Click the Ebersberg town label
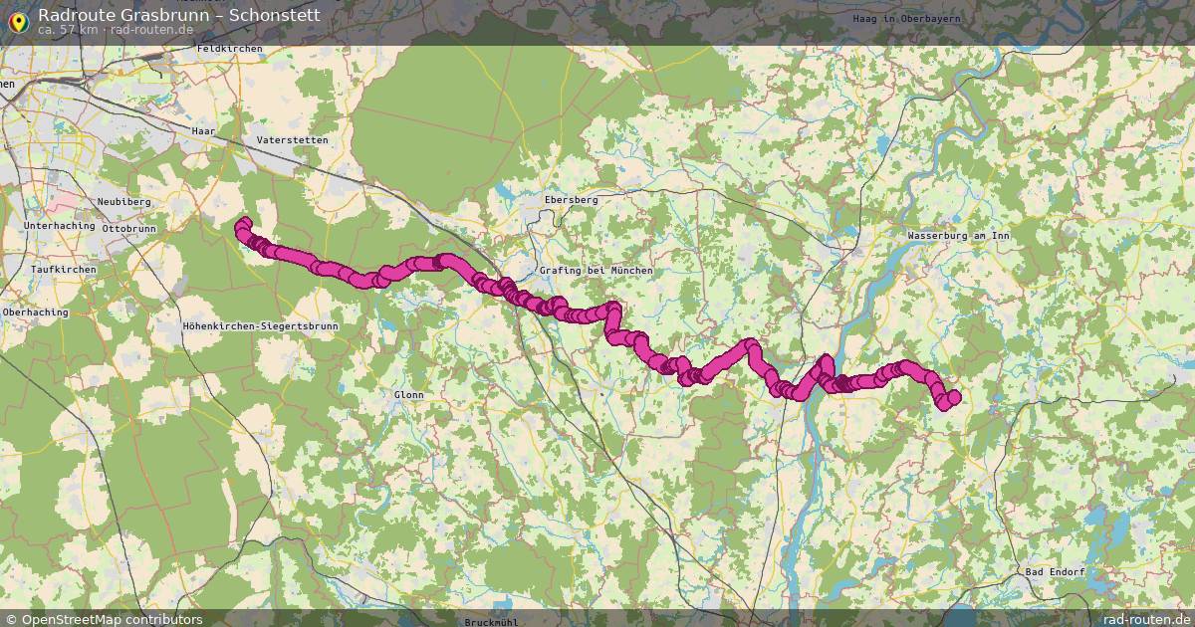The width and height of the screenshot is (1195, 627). [x=572, y=200]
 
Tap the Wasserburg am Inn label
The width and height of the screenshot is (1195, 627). [x=959, y=236]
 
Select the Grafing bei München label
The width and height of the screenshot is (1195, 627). [x=596, y=271]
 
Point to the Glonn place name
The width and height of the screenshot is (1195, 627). [x=408, y=395]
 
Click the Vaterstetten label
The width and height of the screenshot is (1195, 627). [x=292, y=140]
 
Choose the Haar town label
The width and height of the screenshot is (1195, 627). [x=203, y=130]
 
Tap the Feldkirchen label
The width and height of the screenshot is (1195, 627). [x=229, y=49]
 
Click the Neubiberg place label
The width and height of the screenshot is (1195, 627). [x=123, y=202]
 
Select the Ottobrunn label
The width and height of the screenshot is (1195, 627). [x=129, y=228]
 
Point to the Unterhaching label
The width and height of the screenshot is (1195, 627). [x=57, y=227]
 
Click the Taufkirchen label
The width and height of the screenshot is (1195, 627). [x=63, y=270]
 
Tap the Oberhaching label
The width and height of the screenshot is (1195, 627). [x=35, y=312]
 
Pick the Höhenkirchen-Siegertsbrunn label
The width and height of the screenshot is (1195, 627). [x=261, y=326]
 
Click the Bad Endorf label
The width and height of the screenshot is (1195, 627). [x=1055, y=572]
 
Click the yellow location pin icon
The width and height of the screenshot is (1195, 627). [x=17, y=20]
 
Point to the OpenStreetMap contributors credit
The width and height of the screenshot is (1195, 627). [x=112, y=619]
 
